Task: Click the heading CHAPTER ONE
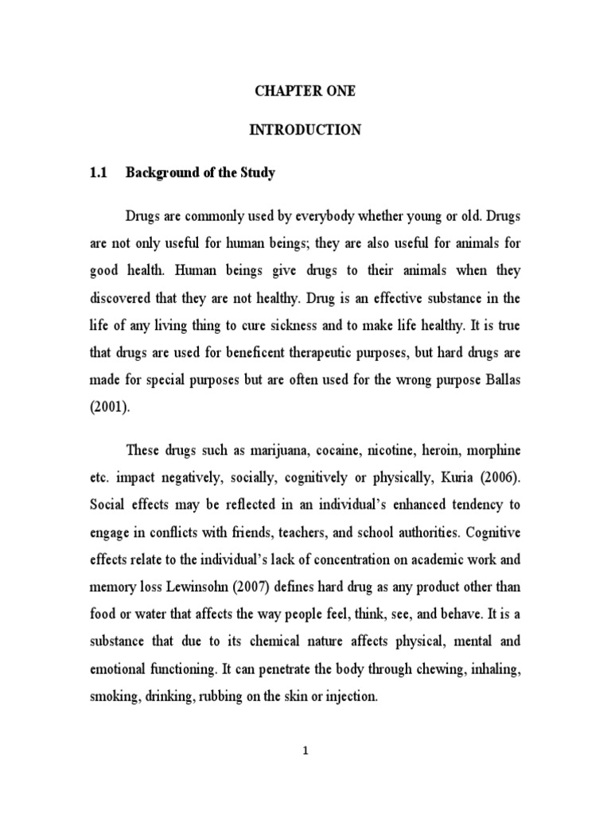click(305, 91)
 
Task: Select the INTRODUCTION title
click(305, 130)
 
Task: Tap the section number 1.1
click(95, 173)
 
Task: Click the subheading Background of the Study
click(200, 173)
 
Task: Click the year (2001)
click(109, 406)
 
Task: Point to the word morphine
click(492, 450)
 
